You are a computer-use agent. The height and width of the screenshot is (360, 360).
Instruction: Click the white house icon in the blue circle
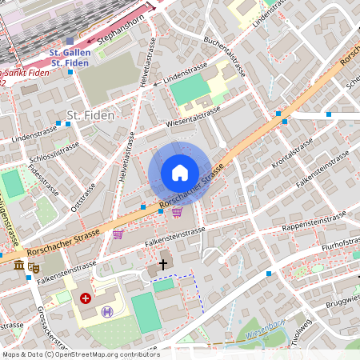(x=179, y=172)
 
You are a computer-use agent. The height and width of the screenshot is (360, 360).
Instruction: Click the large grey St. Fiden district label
(x=90, y=115)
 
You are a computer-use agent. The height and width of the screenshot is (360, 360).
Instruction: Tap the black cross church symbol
(x=163, y=263)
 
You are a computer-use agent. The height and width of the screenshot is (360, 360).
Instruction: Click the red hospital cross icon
(x=86, y=298)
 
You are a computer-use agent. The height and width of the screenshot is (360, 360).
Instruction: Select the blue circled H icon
(x=106, y=311)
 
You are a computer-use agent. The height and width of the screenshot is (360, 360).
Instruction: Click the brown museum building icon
(x=18, y=265)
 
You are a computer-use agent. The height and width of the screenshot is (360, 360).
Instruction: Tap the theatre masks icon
(x=34, y=267)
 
